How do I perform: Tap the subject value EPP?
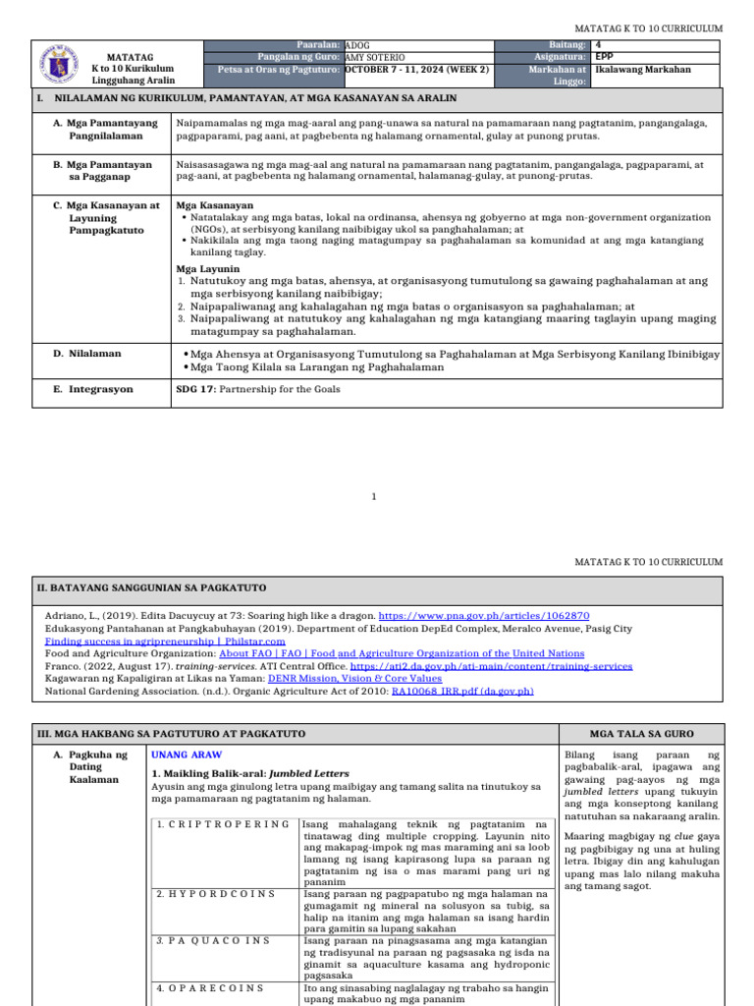(x=605, y=57)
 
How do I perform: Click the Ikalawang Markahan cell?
(x=643, y=70)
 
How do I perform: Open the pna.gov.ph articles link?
(x=476, y=614)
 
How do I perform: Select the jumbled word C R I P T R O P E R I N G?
(x=223, y=823)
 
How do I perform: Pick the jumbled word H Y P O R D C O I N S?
(x=210, y=894)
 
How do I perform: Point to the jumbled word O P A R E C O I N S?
(x=210, y=987)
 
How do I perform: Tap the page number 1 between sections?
(x=375, y=497)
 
